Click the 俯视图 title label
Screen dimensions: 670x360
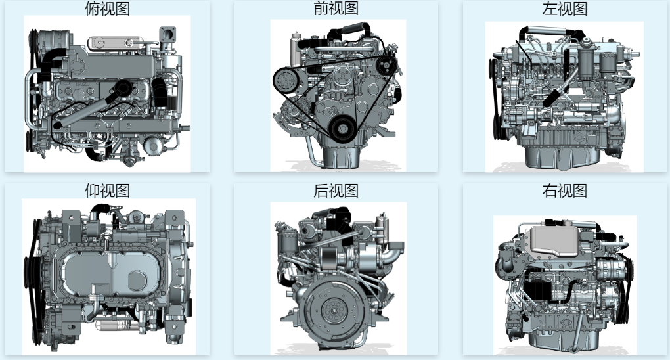(x=107, y=9)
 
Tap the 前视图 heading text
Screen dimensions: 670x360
(x=336, y=9)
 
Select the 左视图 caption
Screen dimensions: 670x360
(x=564, y=9)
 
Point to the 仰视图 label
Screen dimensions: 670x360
(x=107, y=191)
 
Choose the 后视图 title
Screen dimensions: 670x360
(x=336, y=191)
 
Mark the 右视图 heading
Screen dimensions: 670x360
(x=564, y=191)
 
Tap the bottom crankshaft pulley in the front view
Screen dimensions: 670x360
(x=342, y=127)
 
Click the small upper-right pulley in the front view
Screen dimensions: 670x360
(x=388, y=66)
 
